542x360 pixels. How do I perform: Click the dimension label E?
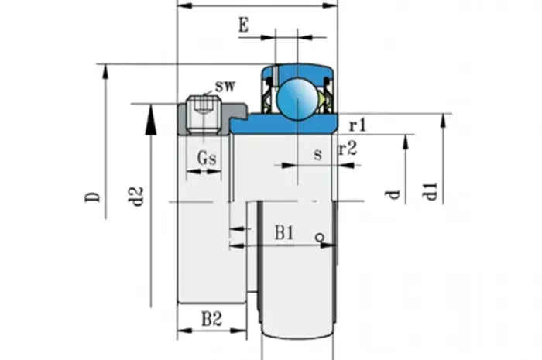coord(244,26)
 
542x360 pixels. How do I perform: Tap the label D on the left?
coord(93,197)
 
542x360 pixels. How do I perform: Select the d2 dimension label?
coord(138,196)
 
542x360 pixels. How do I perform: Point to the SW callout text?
coord(225,86)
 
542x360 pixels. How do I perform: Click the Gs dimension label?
coord(207,158)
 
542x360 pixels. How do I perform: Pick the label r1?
coord(358,126)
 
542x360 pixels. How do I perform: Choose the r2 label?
coord(348,149)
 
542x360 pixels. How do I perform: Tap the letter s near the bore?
coord(317,154)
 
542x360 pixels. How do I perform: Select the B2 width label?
coord(211,319)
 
